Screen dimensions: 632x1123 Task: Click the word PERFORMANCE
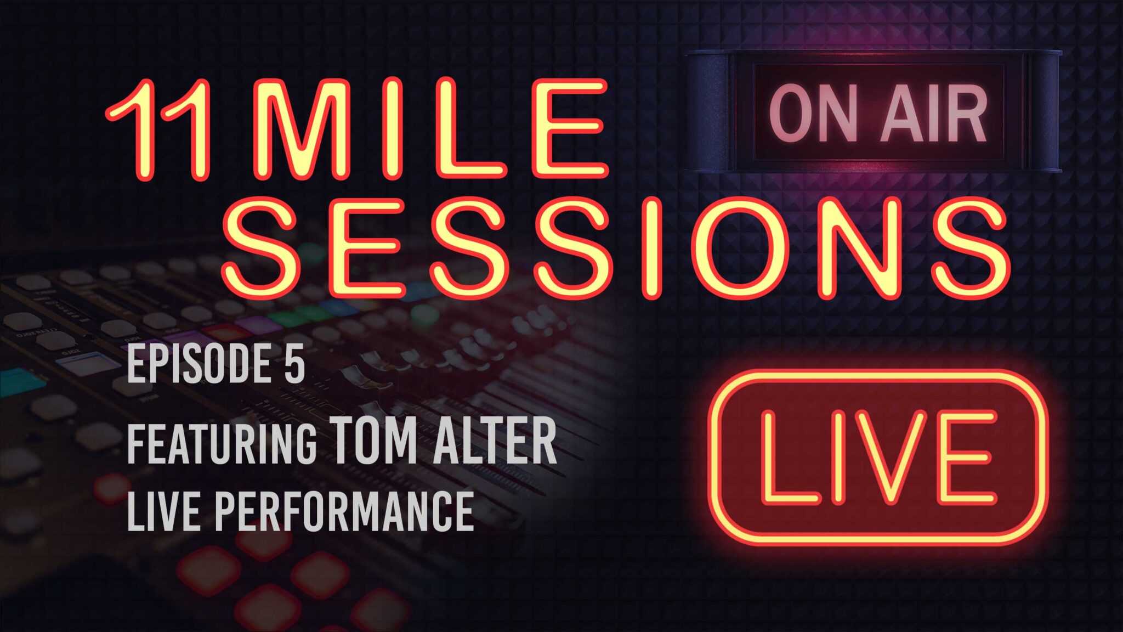pyautogui.click(x=344, y=511)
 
